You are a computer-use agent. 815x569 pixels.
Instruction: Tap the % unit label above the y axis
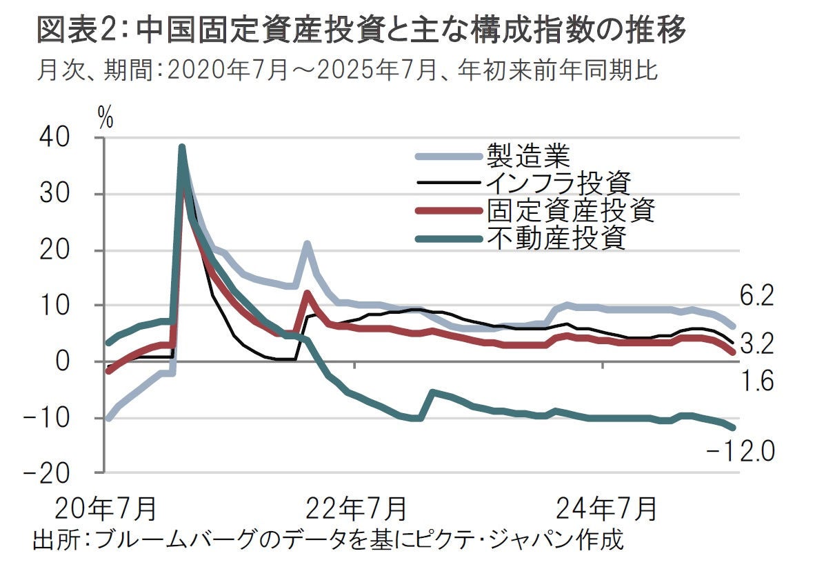pyautogui.click(x=105, y=119)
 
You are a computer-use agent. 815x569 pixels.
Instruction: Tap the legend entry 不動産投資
pyautogui.click(x=556, y=238)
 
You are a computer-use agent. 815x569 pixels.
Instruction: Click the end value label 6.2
pyautogui.click(x=756, y=298)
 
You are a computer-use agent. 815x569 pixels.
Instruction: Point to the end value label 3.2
pyautogui.click(x=756, y=343)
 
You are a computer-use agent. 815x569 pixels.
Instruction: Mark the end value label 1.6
pyautogui.click(x=756, y=381)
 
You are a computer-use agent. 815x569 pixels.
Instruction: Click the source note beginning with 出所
pyautogui.click(x=328, y=539)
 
